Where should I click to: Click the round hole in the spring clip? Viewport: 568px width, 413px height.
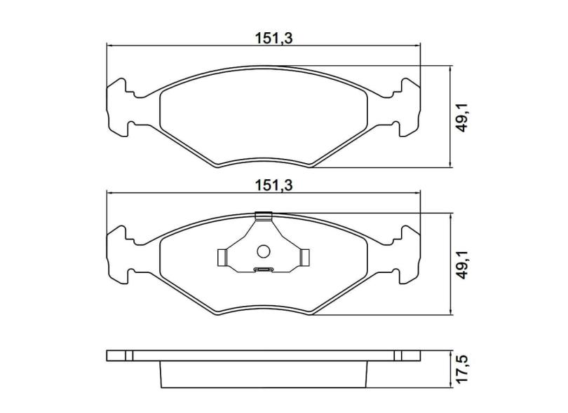pos(264,251)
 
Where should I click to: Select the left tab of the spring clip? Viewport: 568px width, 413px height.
pos(222,258)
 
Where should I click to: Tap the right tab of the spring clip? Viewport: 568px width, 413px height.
pos(305,258)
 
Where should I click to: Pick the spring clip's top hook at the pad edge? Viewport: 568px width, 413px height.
pos(264,216)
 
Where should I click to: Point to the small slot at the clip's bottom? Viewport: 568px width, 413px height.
pos(264,269)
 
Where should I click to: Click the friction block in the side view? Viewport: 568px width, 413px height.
pos(263,374)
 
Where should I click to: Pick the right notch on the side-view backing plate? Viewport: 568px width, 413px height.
pos(398,355)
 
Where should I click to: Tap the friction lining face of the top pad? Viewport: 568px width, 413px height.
pos(263,119)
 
